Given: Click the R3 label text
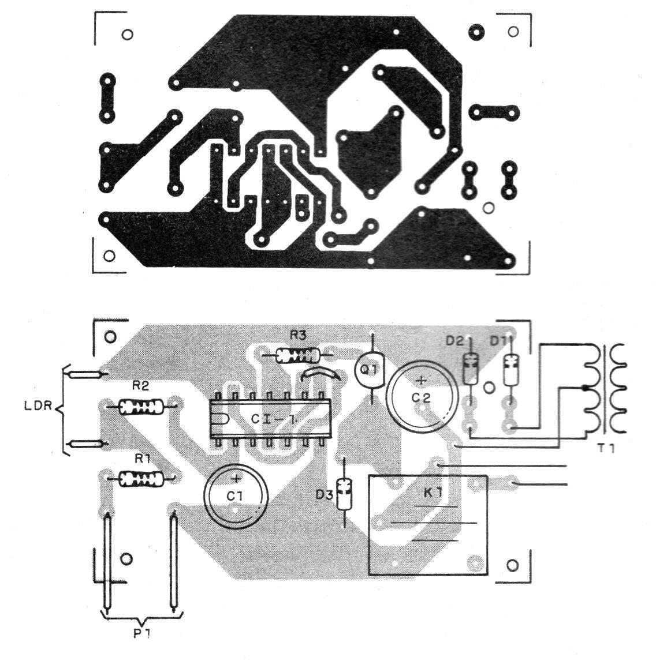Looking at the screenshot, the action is [297, 336].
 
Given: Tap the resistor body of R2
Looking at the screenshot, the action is [140, 407].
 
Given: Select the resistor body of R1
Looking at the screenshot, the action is [141, 479].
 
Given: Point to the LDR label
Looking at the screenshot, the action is [38, 406].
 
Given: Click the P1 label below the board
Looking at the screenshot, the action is [142, 633].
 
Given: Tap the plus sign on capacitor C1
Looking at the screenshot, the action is [236, 479].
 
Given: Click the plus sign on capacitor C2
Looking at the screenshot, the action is [422, 381].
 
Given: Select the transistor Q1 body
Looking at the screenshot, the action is [370, 370].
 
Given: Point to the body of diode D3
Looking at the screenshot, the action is [345, 494].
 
